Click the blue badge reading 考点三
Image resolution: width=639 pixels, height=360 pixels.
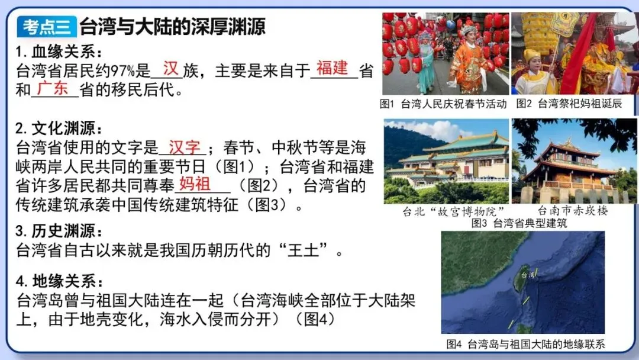pyautogui.click(x=47, y=27)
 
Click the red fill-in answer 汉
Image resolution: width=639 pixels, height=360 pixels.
pyautogui.click(x=170, y=69)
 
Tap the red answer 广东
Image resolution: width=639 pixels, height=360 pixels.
pyautogui.click(x=53, y=88)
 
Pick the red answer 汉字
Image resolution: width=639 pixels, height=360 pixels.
pyautogui.click(x=185, y=147)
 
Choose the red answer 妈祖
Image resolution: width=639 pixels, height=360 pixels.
pyautogui.click(x=194, y=183)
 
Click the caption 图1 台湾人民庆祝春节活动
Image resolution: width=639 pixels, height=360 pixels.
pyautogui.click(x=443, y=104)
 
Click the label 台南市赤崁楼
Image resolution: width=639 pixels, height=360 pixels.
pyautogui.click(x=572, y=211)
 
